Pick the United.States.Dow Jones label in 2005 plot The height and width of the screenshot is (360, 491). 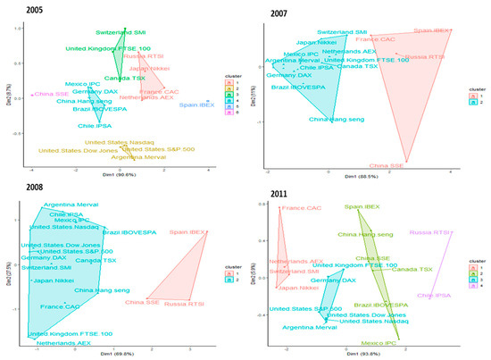coord(76,150)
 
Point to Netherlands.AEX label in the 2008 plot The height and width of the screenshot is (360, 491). coord(63,343)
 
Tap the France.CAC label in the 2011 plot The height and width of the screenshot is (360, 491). coord(301,209)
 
